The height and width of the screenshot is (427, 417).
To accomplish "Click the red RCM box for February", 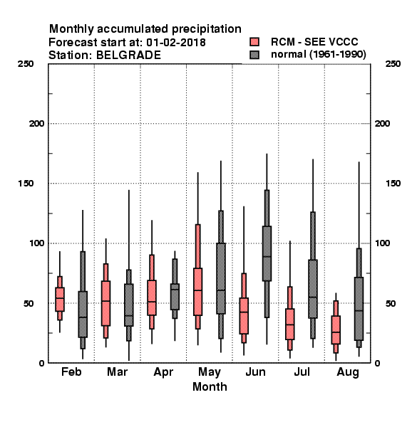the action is [x=60, y=299].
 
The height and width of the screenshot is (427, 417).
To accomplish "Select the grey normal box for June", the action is [x=267, y=253].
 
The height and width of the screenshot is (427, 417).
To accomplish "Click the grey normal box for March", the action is [x=129, y=305].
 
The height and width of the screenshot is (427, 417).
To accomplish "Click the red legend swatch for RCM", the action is [x=254, y=42].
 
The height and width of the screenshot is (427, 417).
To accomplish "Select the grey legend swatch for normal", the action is [x=254, y=55].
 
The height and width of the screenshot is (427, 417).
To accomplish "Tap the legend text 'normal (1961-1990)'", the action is [x=319, y=55].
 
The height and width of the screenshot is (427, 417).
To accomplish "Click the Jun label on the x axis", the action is [x=255, y=372].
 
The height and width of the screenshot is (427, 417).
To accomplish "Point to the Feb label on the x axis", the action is [x=71, y=372].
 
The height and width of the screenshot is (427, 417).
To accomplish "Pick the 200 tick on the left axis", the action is [x=37, y=124].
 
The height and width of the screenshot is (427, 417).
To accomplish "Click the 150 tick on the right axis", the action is [x=393, y=184].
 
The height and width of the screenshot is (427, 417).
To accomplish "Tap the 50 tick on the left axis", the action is [x=28, y=303].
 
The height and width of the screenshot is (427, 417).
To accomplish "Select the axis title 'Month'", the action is [x=210, y=386].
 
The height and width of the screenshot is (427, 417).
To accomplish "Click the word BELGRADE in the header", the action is [x=128, y=56].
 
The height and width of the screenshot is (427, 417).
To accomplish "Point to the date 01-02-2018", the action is [x=176, y=43].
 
